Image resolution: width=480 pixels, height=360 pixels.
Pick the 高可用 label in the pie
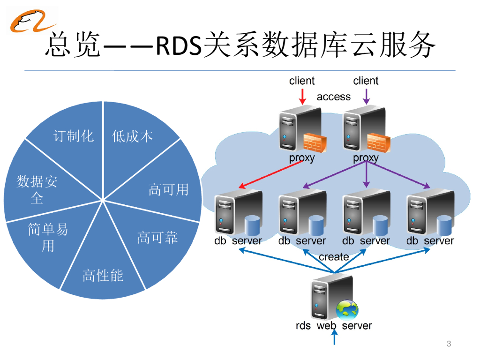click(168, 189)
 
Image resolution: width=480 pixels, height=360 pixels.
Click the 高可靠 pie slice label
click(157, 238)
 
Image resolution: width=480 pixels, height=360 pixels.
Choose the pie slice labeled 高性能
click(103, 276)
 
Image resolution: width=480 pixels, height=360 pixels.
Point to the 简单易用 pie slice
click(48, 237)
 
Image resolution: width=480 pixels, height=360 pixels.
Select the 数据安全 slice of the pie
click(37, 189)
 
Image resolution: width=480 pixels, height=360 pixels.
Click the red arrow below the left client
click(302, 97)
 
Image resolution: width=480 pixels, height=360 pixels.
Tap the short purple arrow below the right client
click(367, 97)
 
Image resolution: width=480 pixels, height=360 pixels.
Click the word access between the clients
click(334, 97)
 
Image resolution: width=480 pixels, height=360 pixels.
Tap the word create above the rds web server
click(334, 257)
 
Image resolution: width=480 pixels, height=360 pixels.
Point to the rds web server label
click(334, 326)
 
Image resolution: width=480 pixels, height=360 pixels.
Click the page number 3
click(449, 344)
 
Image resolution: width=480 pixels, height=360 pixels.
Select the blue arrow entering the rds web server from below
click(334, 337)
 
